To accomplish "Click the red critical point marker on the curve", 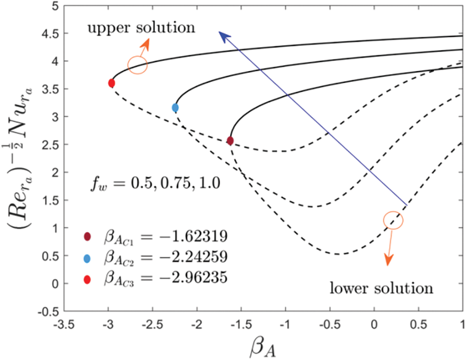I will point(111,83).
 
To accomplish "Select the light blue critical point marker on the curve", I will point(175,108).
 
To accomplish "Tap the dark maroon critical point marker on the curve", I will point(230,141).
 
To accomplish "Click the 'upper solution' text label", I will point(141,28).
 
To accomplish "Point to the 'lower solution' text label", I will point(381,288).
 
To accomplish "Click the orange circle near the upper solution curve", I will point(137,65).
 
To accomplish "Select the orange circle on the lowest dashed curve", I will point(393,220).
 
